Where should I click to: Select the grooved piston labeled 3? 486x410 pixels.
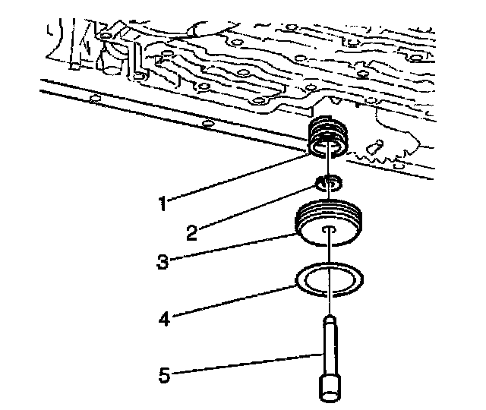(x=330, y=225)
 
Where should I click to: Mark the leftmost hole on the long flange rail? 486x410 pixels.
(x=94, y=99)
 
